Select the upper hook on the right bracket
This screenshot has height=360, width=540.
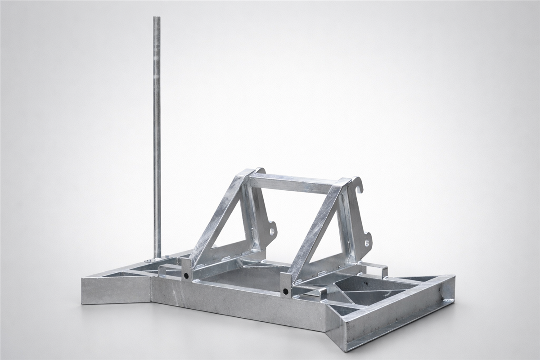[x=358, y=184]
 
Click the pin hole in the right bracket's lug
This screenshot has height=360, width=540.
[x=367, y=243]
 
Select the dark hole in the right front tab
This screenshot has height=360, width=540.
[x=285, y=291]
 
